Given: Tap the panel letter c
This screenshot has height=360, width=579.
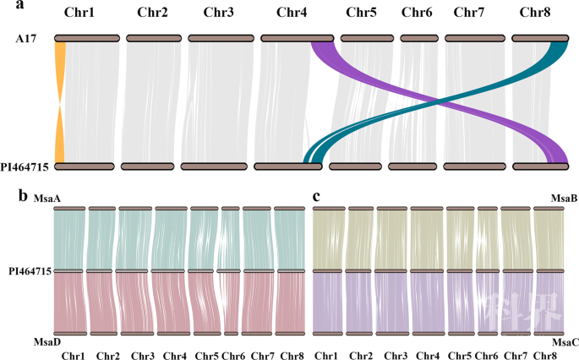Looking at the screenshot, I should coord(317,196).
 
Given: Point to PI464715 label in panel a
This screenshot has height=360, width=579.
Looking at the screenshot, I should coord(25,166).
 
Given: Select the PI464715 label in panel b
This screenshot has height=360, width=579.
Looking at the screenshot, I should coord(28,271).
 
